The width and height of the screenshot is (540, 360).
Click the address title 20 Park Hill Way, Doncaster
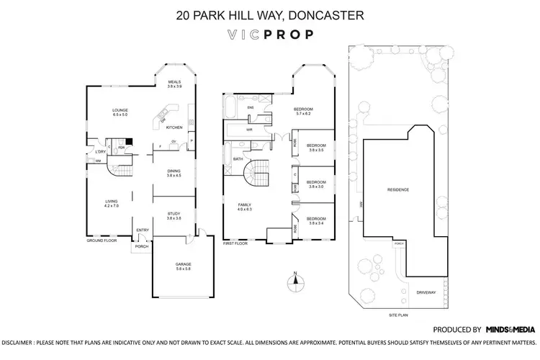269,14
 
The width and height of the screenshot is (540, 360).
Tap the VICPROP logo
269,34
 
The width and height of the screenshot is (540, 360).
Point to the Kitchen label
174,127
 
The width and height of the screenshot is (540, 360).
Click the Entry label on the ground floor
142,230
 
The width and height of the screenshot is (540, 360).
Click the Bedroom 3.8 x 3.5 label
317,148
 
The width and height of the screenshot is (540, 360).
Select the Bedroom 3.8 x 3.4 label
317,220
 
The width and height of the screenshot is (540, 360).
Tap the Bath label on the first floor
237,158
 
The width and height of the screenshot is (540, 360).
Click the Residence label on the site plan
398,189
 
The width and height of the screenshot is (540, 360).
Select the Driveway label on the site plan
426,292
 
